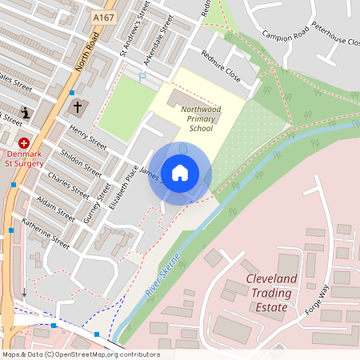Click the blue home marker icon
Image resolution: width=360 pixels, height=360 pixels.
tap(180, 172)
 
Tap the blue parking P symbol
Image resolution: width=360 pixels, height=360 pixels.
tap(142, 78)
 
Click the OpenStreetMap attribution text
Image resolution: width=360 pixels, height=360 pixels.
tap(81, 354)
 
